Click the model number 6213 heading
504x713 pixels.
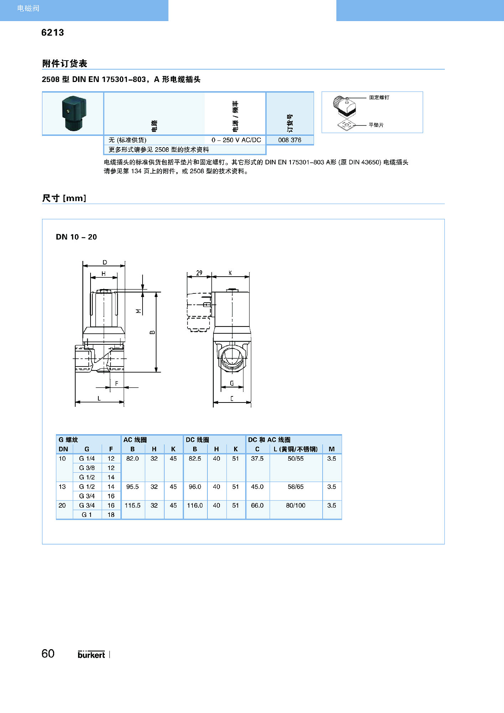[x=52, y=32]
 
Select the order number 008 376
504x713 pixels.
[x=289, y=140]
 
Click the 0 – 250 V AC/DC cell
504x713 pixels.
[x=236, y=140]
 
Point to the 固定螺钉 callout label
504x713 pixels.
[x=379, y=97]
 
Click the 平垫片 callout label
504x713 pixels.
[x=376, y=125]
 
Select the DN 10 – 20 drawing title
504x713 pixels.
[x=76, y=237]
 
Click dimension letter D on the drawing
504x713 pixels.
[x=104, y=262]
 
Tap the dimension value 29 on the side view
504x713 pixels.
[x=199, y=273]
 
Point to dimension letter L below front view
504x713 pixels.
[x=99, y=399]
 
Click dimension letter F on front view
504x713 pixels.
[x=117, y=384]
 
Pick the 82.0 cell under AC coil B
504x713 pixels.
[x=132, y=458]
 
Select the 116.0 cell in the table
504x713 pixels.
[x=195, y=506]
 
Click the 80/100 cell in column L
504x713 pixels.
[x=295, y=506]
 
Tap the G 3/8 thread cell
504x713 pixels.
[x=87, y=468]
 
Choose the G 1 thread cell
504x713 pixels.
[x=87, y=515]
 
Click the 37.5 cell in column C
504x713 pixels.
[x=257, y=458]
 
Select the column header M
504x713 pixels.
[x=331, y=449]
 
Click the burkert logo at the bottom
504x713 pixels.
[x=91, y=655]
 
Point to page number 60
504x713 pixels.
[x=48, y=653]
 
